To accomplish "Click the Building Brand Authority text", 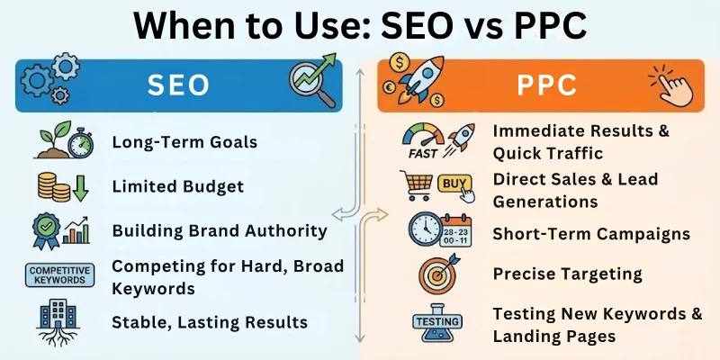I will click(x=219, y=230).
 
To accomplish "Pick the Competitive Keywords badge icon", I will click(x=59, y=274).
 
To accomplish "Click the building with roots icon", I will click(x=60, y=321).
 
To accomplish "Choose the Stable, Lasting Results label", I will click(x=209, y=321).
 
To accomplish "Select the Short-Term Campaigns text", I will click(x=590, y=234).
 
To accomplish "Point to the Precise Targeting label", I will click(x=567, y=274).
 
